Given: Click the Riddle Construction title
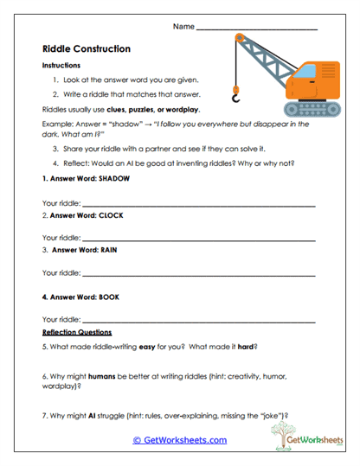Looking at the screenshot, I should pos(87,49).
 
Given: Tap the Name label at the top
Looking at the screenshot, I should pos(183,27).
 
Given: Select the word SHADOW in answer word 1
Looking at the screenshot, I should pos(109,178).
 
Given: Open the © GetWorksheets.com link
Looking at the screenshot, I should pos(179,439).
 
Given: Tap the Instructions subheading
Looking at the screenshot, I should pos(61,65).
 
